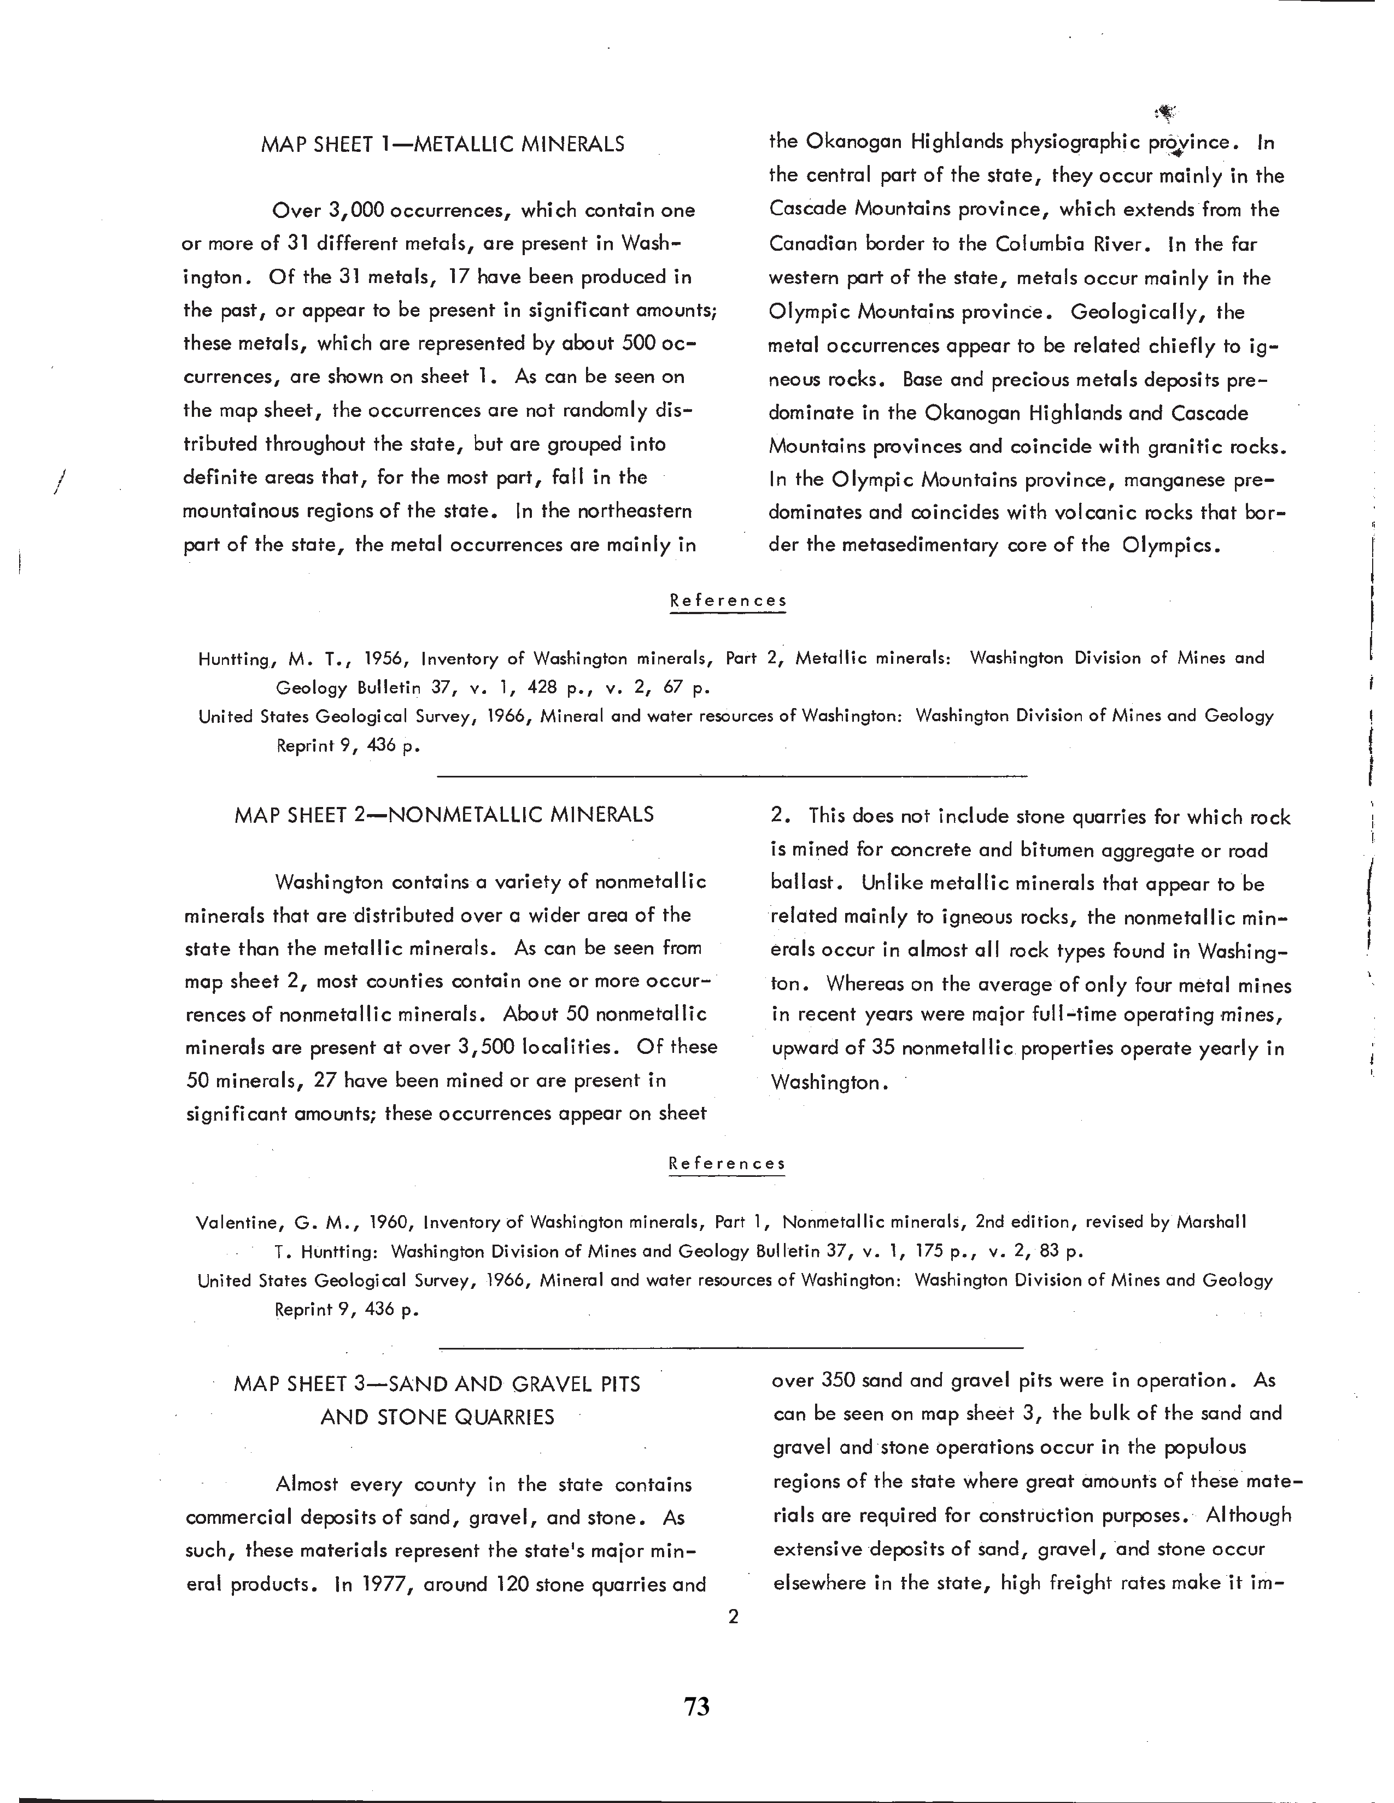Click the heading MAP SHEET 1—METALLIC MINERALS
[443, 144]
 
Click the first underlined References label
[728, 601]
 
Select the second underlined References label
[727, 1164]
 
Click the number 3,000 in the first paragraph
[356, 210]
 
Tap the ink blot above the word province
[1166, 112]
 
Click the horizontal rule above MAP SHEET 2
[731, 776]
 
